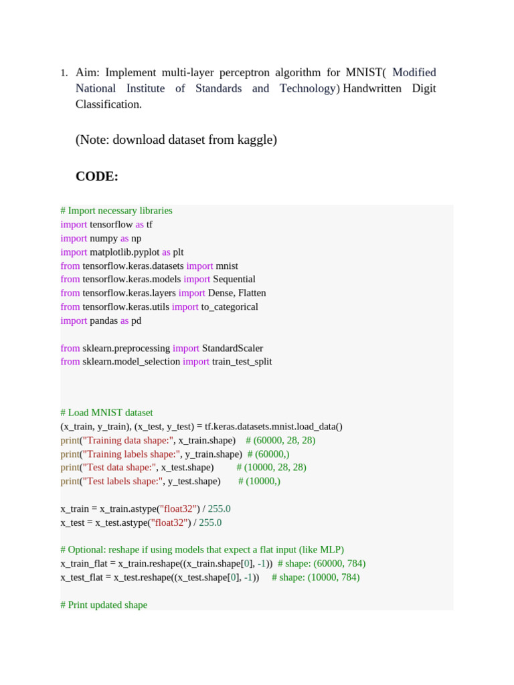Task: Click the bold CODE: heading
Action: point(97,177)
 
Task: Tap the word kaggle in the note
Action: point(251,140)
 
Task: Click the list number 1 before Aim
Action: point(64,73)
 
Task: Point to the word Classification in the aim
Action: point(108,104)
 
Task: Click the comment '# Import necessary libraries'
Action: point(116,211)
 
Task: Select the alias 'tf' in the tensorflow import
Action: point(149,225)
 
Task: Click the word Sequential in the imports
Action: point(234,280)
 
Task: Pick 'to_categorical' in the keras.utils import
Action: point(230,307)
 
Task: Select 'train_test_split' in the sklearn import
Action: point(242,362)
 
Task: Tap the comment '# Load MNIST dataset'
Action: point(106,413)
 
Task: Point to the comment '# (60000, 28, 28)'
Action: point(280,440)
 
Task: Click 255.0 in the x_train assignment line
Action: point(219,509)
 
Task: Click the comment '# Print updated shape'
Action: point(104,605)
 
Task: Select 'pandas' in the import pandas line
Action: point(104,321)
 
